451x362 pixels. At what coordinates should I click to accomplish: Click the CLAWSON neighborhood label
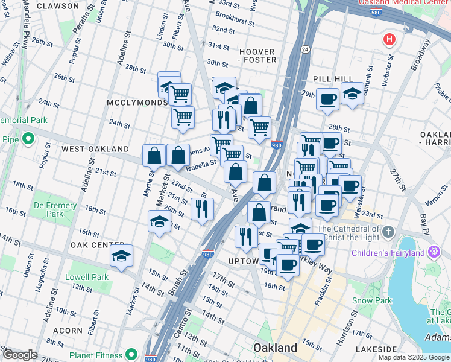pyautogui.click(x=57, y=6)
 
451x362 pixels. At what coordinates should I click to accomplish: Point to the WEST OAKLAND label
pyautogui.click(x=95, y=148)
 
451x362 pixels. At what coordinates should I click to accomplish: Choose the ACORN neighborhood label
pyautogui.click(x=68, y=331)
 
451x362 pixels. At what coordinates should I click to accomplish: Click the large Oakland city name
pyautogui.click(x=275, y=348)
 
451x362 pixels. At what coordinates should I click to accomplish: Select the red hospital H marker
pyautogui.click(x=389, y=40)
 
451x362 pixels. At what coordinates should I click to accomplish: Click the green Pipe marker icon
pyautogui.click(x=28, y=139)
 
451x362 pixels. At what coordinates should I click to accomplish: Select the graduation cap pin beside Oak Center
pyautogui.click(x=121, y=256)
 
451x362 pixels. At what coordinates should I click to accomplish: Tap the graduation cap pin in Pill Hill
pyautogui.click(x=352, y=94)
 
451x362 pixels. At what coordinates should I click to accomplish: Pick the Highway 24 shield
pyautogui.click(x=305, y=49)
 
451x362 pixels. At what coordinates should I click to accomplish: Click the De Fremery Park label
pyautogui.click(x=55, y=209)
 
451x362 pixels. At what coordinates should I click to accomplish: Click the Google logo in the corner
pyautogui.click(x=20, y=355)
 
